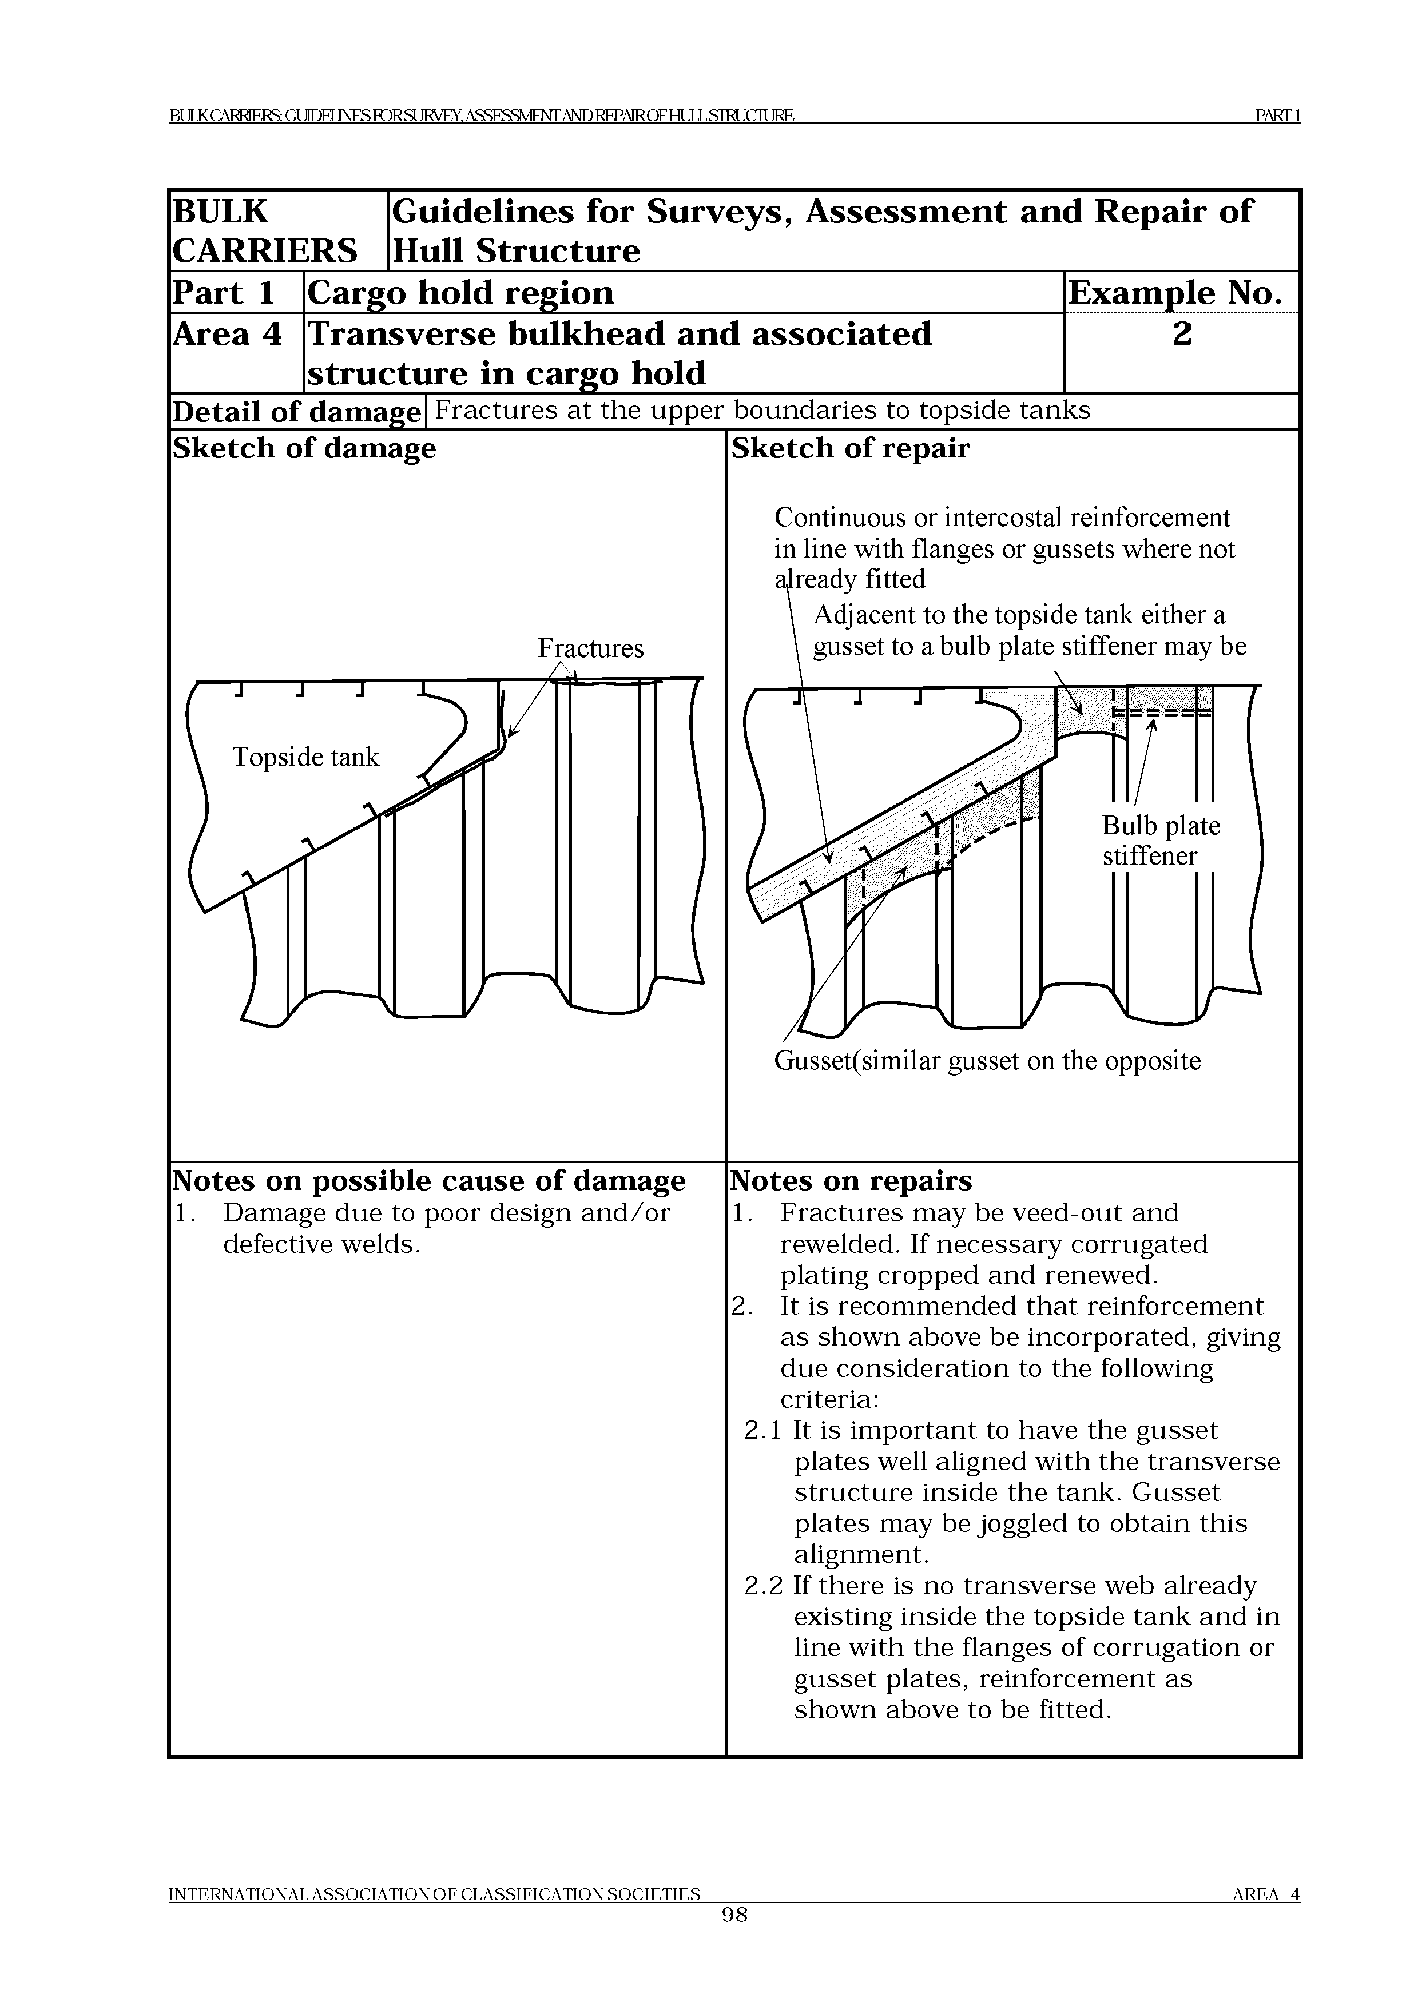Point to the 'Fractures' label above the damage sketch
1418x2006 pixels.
coord(591,648)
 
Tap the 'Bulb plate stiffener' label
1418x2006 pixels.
coord(1160,841)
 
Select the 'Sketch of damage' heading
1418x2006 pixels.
coord(304,448)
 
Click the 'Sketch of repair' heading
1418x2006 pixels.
coord(850,448)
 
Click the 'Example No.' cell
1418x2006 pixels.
coord(1181,293)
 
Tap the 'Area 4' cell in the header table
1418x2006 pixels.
coord(227,335)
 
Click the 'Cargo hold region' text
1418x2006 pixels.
coord(460,293)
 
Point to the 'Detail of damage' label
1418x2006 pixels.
coord(296,412)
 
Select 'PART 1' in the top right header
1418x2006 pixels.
coord(1277,116)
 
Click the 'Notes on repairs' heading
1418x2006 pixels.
coord(850,1181)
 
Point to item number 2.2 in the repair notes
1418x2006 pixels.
coord(764,1586)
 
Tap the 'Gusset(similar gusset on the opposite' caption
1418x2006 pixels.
coord(987,1061)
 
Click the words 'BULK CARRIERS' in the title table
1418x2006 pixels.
coord(265,232)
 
